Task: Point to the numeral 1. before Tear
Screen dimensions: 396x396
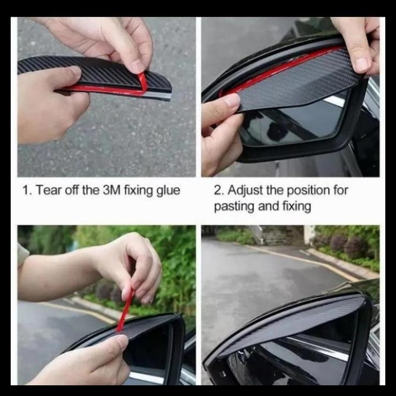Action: point(27,191)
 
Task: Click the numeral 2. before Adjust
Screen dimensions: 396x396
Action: point(219,191)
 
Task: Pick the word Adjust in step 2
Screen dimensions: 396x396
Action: point(245,191)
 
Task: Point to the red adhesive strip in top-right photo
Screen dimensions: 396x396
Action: point(278,70)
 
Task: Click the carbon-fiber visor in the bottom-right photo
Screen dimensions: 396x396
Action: point(300,321)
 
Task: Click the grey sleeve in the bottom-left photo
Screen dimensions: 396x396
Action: point(22,254)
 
